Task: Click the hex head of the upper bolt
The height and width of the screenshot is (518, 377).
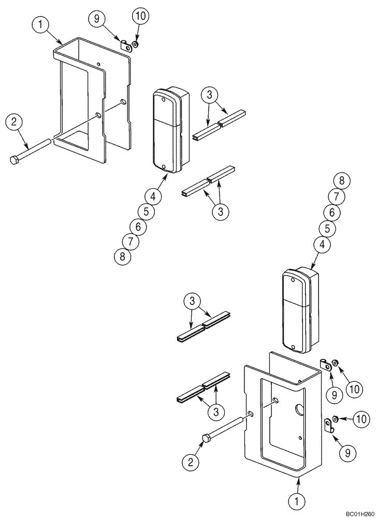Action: pos(15,160)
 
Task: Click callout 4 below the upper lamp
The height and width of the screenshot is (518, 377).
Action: pos(153,196)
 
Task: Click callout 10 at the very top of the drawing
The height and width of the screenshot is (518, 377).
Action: pos(140,16)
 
